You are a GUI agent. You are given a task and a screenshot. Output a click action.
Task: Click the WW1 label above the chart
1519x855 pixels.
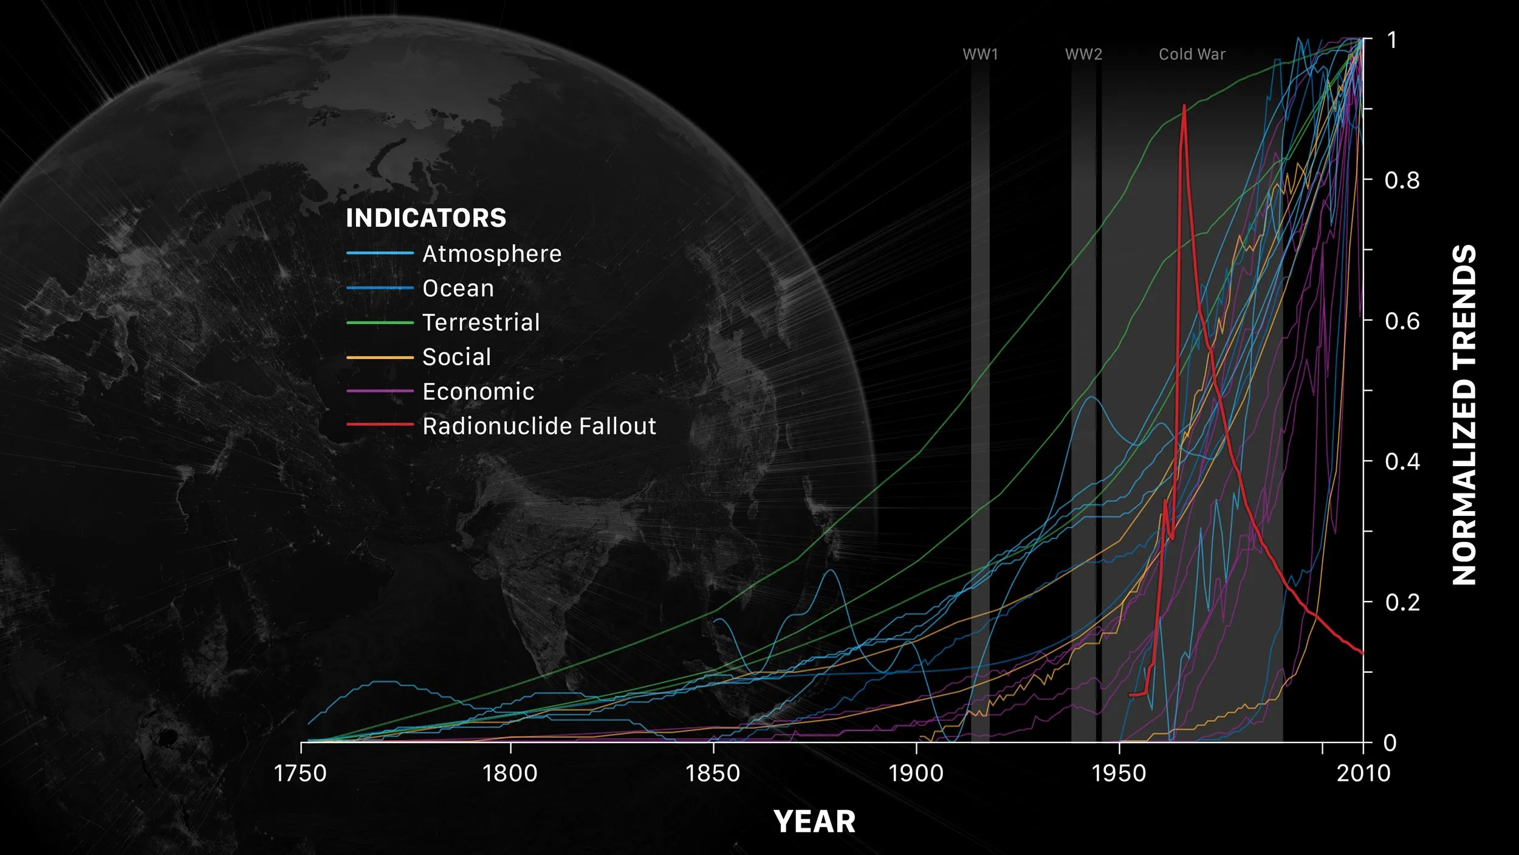click(980, 54)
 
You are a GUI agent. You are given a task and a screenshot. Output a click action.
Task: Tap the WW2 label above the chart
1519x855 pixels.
click(1083, 54)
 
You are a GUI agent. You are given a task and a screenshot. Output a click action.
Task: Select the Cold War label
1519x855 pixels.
click(1192, 54)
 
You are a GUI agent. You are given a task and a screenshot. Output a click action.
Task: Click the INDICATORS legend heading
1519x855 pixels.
click(426, 218)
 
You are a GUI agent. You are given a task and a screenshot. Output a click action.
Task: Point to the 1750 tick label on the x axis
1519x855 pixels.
click(300, 774)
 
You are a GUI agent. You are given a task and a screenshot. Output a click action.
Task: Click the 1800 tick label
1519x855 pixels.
click(510, 774)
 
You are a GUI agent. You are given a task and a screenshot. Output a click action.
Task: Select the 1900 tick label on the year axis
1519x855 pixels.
click(916, 774)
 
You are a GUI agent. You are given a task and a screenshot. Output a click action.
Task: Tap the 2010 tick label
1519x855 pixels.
click(1363, 774)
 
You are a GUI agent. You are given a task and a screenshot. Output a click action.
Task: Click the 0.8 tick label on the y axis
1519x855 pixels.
click(1402, 180)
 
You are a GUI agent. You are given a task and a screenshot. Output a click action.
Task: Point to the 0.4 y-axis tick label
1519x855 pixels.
click(1402, 462)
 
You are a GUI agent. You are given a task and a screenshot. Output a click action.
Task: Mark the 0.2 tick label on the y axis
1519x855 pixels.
click(1402, 602)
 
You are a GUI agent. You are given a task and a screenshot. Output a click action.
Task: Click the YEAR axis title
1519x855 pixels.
click(814, 822)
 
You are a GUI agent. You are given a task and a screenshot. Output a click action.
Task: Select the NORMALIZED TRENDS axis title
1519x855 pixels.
click(1464, 414)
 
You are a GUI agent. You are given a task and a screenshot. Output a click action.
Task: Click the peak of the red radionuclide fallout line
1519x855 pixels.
click(1184, 106)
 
